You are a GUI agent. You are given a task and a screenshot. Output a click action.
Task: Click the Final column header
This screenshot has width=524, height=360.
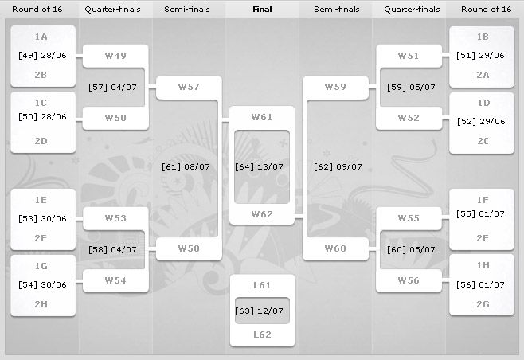click(262, 10)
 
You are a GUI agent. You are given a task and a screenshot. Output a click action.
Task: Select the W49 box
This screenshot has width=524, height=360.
click(115, 56)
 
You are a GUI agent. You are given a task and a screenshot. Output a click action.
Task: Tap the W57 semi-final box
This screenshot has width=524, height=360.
click(188, 87)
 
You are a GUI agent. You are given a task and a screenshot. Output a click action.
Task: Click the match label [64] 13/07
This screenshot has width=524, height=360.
click(262, 166)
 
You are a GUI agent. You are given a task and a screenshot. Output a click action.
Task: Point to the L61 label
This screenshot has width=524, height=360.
click(262, 284)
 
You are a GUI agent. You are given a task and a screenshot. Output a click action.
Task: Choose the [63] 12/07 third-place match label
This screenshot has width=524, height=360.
click(262, 308)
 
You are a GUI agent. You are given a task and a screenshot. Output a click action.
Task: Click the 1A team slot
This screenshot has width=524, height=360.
click(43, 37)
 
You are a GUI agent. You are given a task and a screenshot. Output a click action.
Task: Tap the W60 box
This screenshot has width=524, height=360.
click(335, 248)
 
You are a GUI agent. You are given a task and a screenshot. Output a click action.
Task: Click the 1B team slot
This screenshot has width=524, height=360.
click(482, 37)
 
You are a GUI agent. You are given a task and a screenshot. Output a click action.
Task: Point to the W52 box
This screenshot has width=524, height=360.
click(409, 118)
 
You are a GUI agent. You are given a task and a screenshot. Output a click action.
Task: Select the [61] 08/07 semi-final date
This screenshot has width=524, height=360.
click(188, 166)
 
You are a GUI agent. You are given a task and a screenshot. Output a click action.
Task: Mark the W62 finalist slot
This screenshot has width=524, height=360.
click(262, 214)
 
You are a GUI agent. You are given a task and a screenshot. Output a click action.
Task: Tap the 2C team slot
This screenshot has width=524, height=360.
click(482, 141)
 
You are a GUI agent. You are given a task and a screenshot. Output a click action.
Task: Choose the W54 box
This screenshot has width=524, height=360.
click(115, 280)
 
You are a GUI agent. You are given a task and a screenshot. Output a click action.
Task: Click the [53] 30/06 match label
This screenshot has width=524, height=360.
click(43, 218)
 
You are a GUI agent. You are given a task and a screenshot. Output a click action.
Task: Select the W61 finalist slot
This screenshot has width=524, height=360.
click(262, 117)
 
